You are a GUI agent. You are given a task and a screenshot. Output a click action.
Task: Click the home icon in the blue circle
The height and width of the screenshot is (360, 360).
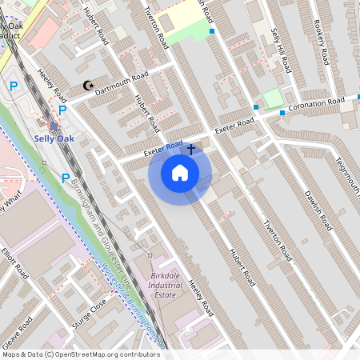180,172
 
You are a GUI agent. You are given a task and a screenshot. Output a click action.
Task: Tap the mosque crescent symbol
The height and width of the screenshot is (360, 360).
88,86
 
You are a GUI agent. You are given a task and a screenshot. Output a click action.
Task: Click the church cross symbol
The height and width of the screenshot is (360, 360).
190,149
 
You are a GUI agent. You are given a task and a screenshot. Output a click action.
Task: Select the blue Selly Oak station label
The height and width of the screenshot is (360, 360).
54,138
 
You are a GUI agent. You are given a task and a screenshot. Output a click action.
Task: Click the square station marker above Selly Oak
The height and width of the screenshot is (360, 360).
54,126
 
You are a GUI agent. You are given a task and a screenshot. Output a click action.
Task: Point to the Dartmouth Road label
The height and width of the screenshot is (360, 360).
122,82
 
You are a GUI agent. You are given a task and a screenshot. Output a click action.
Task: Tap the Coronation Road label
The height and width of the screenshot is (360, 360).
316,105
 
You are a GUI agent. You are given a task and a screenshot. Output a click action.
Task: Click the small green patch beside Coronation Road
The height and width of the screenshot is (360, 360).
274,98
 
